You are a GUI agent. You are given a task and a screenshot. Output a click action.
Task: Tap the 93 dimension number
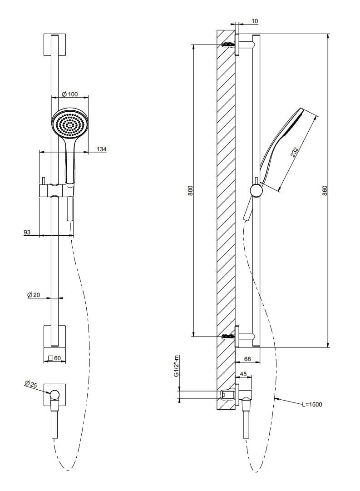(x=27, y=232)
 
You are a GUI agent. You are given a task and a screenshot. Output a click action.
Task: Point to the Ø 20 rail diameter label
(x=34, y=295)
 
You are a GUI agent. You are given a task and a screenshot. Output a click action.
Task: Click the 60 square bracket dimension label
(x=54, y=358)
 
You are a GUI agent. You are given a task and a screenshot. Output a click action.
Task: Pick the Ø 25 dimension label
(x=31, y=385)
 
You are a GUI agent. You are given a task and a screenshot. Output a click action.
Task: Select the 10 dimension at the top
(x=254, y=21)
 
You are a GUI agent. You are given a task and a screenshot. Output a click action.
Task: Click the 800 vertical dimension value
(x=190, y=190)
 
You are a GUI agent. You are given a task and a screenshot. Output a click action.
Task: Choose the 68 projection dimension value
(x=247, y=359)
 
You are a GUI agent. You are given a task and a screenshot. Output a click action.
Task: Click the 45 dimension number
(x=243, y=375)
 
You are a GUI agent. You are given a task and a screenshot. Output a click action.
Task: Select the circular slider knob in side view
(x=256, y=190)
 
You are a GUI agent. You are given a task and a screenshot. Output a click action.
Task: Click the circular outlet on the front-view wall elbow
(x=55, y=394)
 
